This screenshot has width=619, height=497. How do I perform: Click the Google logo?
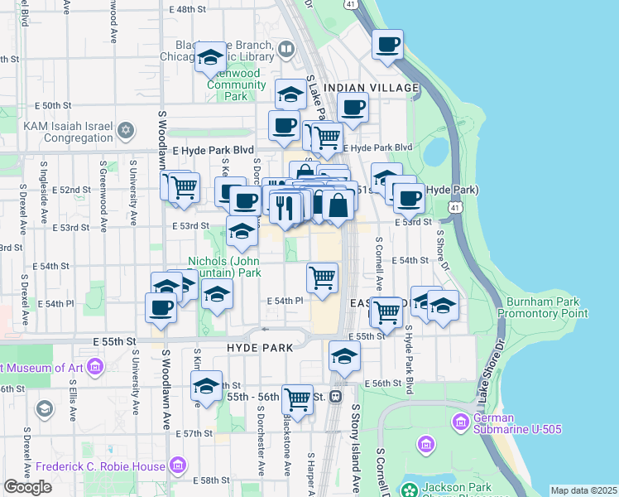(27, 487)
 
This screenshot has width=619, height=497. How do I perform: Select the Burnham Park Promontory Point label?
(547, 307)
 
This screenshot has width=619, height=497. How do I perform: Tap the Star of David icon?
(126, 130)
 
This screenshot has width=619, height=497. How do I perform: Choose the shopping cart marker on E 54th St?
(322, 277)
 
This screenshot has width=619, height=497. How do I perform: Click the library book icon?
(286, 50)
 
